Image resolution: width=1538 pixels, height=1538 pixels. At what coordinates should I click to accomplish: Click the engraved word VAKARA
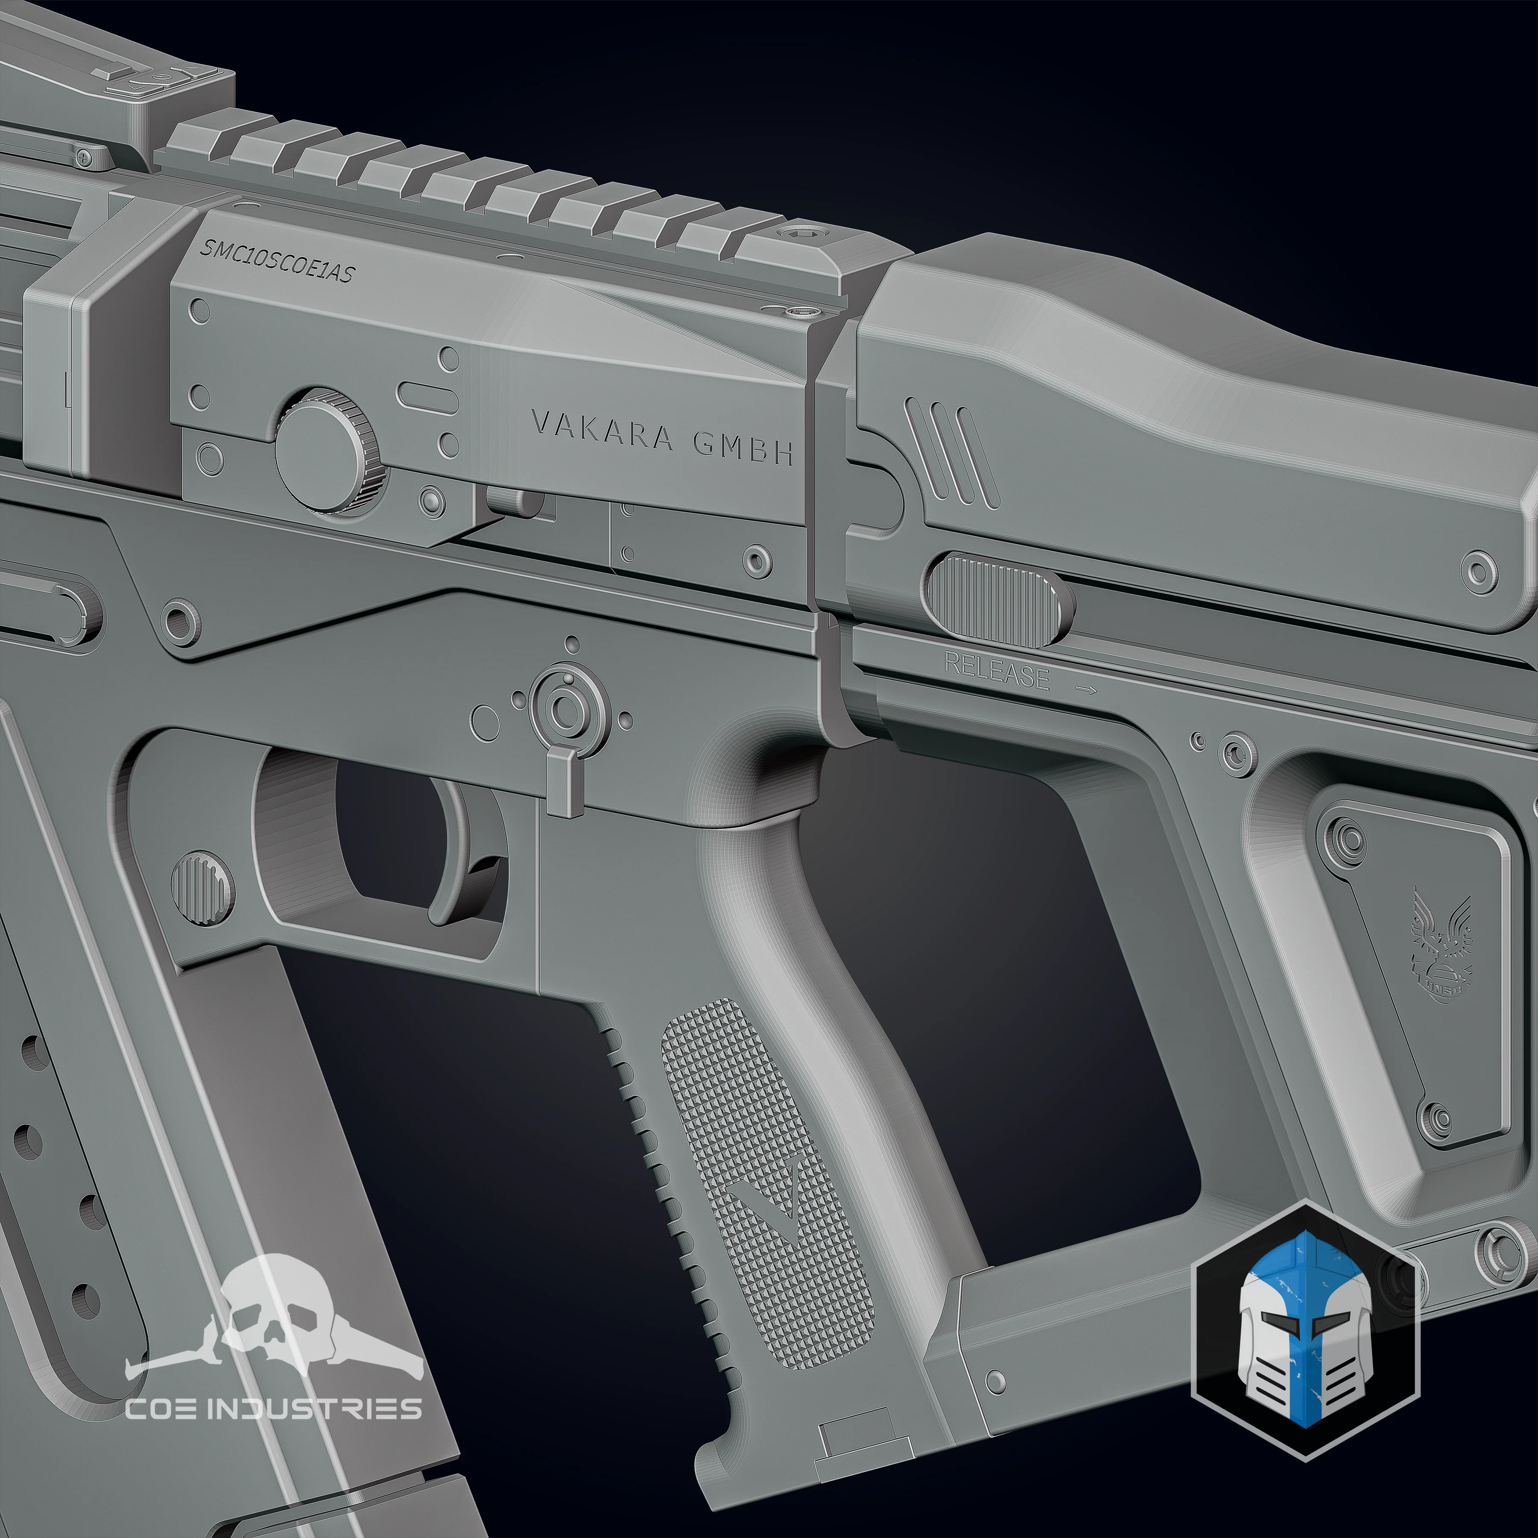(x=601, y=432)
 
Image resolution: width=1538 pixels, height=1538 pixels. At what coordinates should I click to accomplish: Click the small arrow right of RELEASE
(x=1086, y=690)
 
